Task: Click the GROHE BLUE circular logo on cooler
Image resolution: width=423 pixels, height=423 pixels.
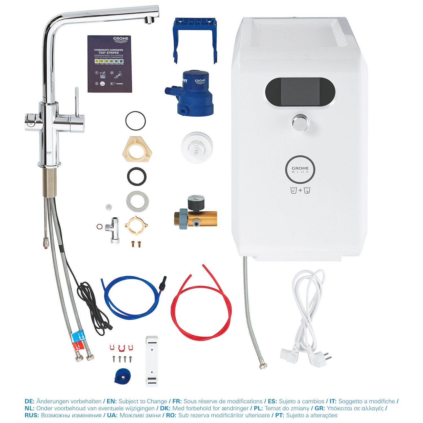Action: (300, 169)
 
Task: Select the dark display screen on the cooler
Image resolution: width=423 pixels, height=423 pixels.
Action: (300, 92)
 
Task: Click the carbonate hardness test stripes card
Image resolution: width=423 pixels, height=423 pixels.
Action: (110, 64)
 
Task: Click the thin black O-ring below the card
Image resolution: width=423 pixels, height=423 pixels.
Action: (135, 121)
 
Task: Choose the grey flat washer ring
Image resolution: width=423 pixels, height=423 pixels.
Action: (137, 201)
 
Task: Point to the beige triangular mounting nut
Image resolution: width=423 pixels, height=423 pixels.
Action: (137, 150)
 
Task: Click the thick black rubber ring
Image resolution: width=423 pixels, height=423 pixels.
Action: (137, 177)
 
